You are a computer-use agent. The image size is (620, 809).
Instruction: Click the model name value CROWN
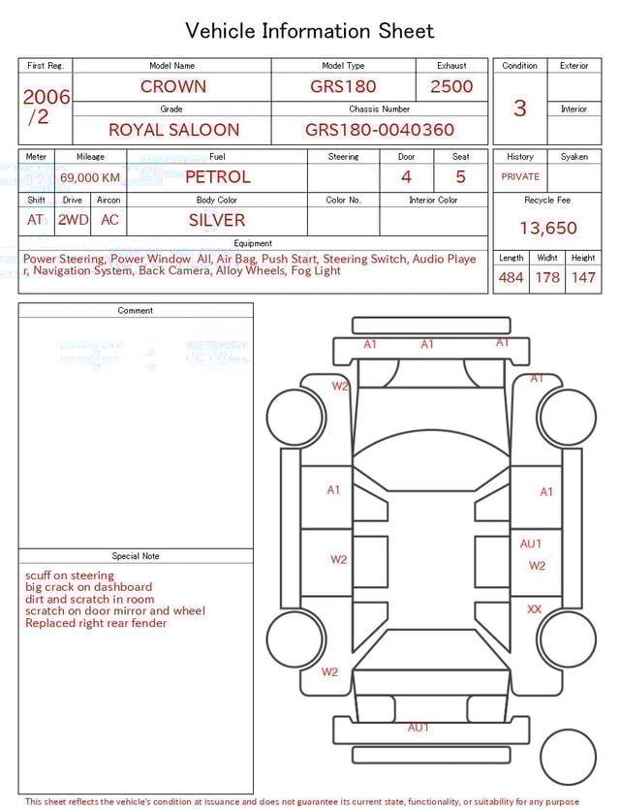[172, 86]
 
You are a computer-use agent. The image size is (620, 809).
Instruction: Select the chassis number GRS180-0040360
[380, 130]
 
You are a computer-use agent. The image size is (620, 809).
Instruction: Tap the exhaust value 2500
[451, 86]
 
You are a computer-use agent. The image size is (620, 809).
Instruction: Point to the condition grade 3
[520, 108]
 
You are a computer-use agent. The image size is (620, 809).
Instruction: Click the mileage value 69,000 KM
[90, 177]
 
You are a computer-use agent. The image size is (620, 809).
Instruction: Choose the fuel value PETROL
[217, 177]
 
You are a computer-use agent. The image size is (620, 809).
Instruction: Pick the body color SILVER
[217, 220]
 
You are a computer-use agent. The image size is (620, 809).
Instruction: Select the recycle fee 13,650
[547, 228]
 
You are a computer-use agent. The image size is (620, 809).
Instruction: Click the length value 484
[511, 277]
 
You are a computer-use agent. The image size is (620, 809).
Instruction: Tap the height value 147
[583, 277]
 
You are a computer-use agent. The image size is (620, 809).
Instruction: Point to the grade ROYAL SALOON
[173, 130]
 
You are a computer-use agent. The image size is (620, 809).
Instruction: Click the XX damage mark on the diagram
[534, 609]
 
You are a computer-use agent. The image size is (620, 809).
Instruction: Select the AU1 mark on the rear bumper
[418, 728]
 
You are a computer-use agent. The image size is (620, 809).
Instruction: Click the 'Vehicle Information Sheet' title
[310, 31]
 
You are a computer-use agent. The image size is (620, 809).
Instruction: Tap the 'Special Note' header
[136, 556]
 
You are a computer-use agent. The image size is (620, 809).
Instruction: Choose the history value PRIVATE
[520, 177]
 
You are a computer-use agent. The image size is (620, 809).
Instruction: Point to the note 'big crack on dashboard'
[88, 587]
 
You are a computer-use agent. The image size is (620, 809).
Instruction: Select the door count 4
[406, 177]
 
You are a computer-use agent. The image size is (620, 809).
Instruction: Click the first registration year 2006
[46, 97]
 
